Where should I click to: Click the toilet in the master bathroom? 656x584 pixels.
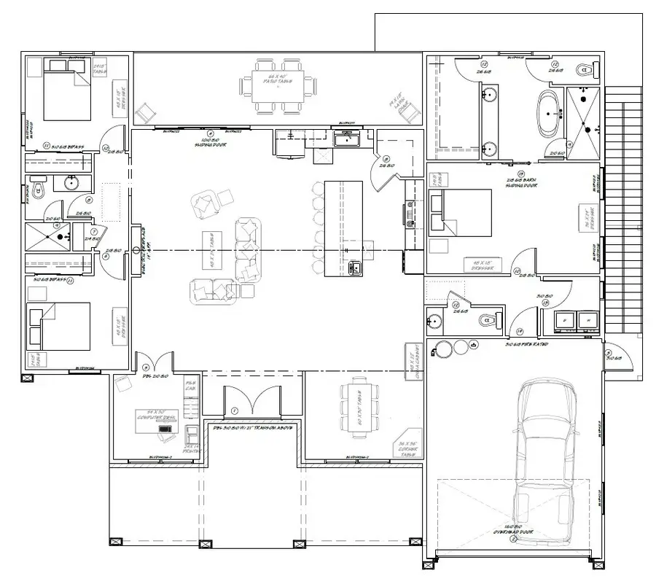(x=583, y=71)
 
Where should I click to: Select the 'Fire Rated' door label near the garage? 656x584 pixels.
(x=526, y=343)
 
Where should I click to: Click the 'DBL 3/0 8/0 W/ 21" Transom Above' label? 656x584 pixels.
(x=252, y=428)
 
